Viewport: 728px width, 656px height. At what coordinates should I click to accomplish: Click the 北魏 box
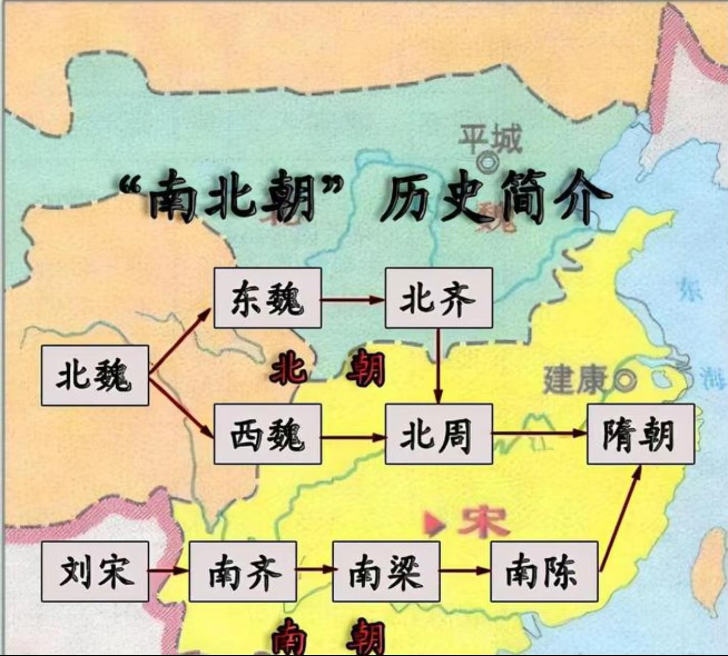(x=95, y=375)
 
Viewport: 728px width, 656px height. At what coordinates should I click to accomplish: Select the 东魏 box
(x=267, y=298)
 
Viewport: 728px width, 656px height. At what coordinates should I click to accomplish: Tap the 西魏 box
(x=267, y=434)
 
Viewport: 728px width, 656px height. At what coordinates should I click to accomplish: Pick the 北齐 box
(x=439, y=298)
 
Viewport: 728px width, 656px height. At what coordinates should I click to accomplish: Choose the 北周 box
(x=439, y=434)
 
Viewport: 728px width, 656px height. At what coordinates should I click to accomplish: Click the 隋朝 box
(x=640, y=434)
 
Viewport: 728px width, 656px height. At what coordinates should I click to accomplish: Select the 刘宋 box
(x=95, y=571)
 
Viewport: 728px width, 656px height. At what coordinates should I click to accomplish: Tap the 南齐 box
(x=242, y=571)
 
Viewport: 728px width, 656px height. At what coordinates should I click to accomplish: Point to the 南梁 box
(x=386, y=571)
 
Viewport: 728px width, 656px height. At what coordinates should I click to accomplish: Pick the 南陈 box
(x=544, y=571)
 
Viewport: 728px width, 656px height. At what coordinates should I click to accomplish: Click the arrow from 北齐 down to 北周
(x=438, y=366)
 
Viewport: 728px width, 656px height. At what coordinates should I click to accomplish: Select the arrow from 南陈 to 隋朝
(x=620, y=517)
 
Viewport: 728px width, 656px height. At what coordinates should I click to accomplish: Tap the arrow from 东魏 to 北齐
(x=353, y=299)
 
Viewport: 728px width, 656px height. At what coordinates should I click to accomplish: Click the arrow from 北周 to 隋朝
(x=539, y=434)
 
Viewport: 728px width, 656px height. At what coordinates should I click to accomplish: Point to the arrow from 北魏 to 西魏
(x=181, y=407)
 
